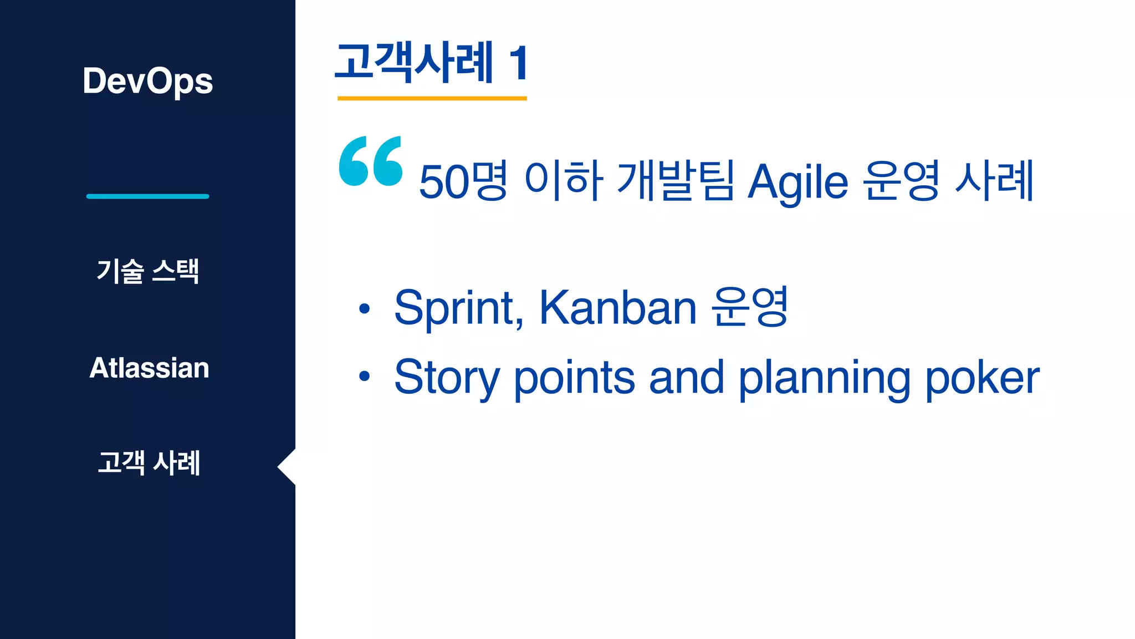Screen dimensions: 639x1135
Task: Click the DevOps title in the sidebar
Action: [147, 81]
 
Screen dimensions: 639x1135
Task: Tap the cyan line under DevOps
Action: [147, 196]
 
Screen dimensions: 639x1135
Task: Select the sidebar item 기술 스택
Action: [147, 271]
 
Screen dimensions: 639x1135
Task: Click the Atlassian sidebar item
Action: [149, 368]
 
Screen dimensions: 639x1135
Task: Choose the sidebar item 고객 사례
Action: [149, 463]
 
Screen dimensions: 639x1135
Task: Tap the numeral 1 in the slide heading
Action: [519, 63]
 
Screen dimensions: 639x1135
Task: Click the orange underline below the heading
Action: [432, 98]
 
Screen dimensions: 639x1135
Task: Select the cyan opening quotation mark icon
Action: [370, 161]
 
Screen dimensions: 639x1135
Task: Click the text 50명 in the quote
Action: [462, 181]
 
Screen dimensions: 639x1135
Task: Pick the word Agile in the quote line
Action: [797, 182]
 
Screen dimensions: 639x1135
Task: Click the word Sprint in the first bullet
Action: [458, 308]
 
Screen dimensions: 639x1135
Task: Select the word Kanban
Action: [617, 308]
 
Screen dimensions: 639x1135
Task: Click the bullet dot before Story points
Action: [364, 377]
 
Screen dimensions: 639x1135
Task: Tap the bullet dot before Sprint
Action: [364, 308]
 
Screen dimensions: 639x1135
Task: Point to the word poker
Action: [982, 378]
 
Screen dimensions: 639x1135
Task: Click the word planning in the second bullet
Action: [824, 378]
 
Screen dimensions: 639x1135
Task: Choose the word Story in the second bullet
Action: [447, 378]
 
